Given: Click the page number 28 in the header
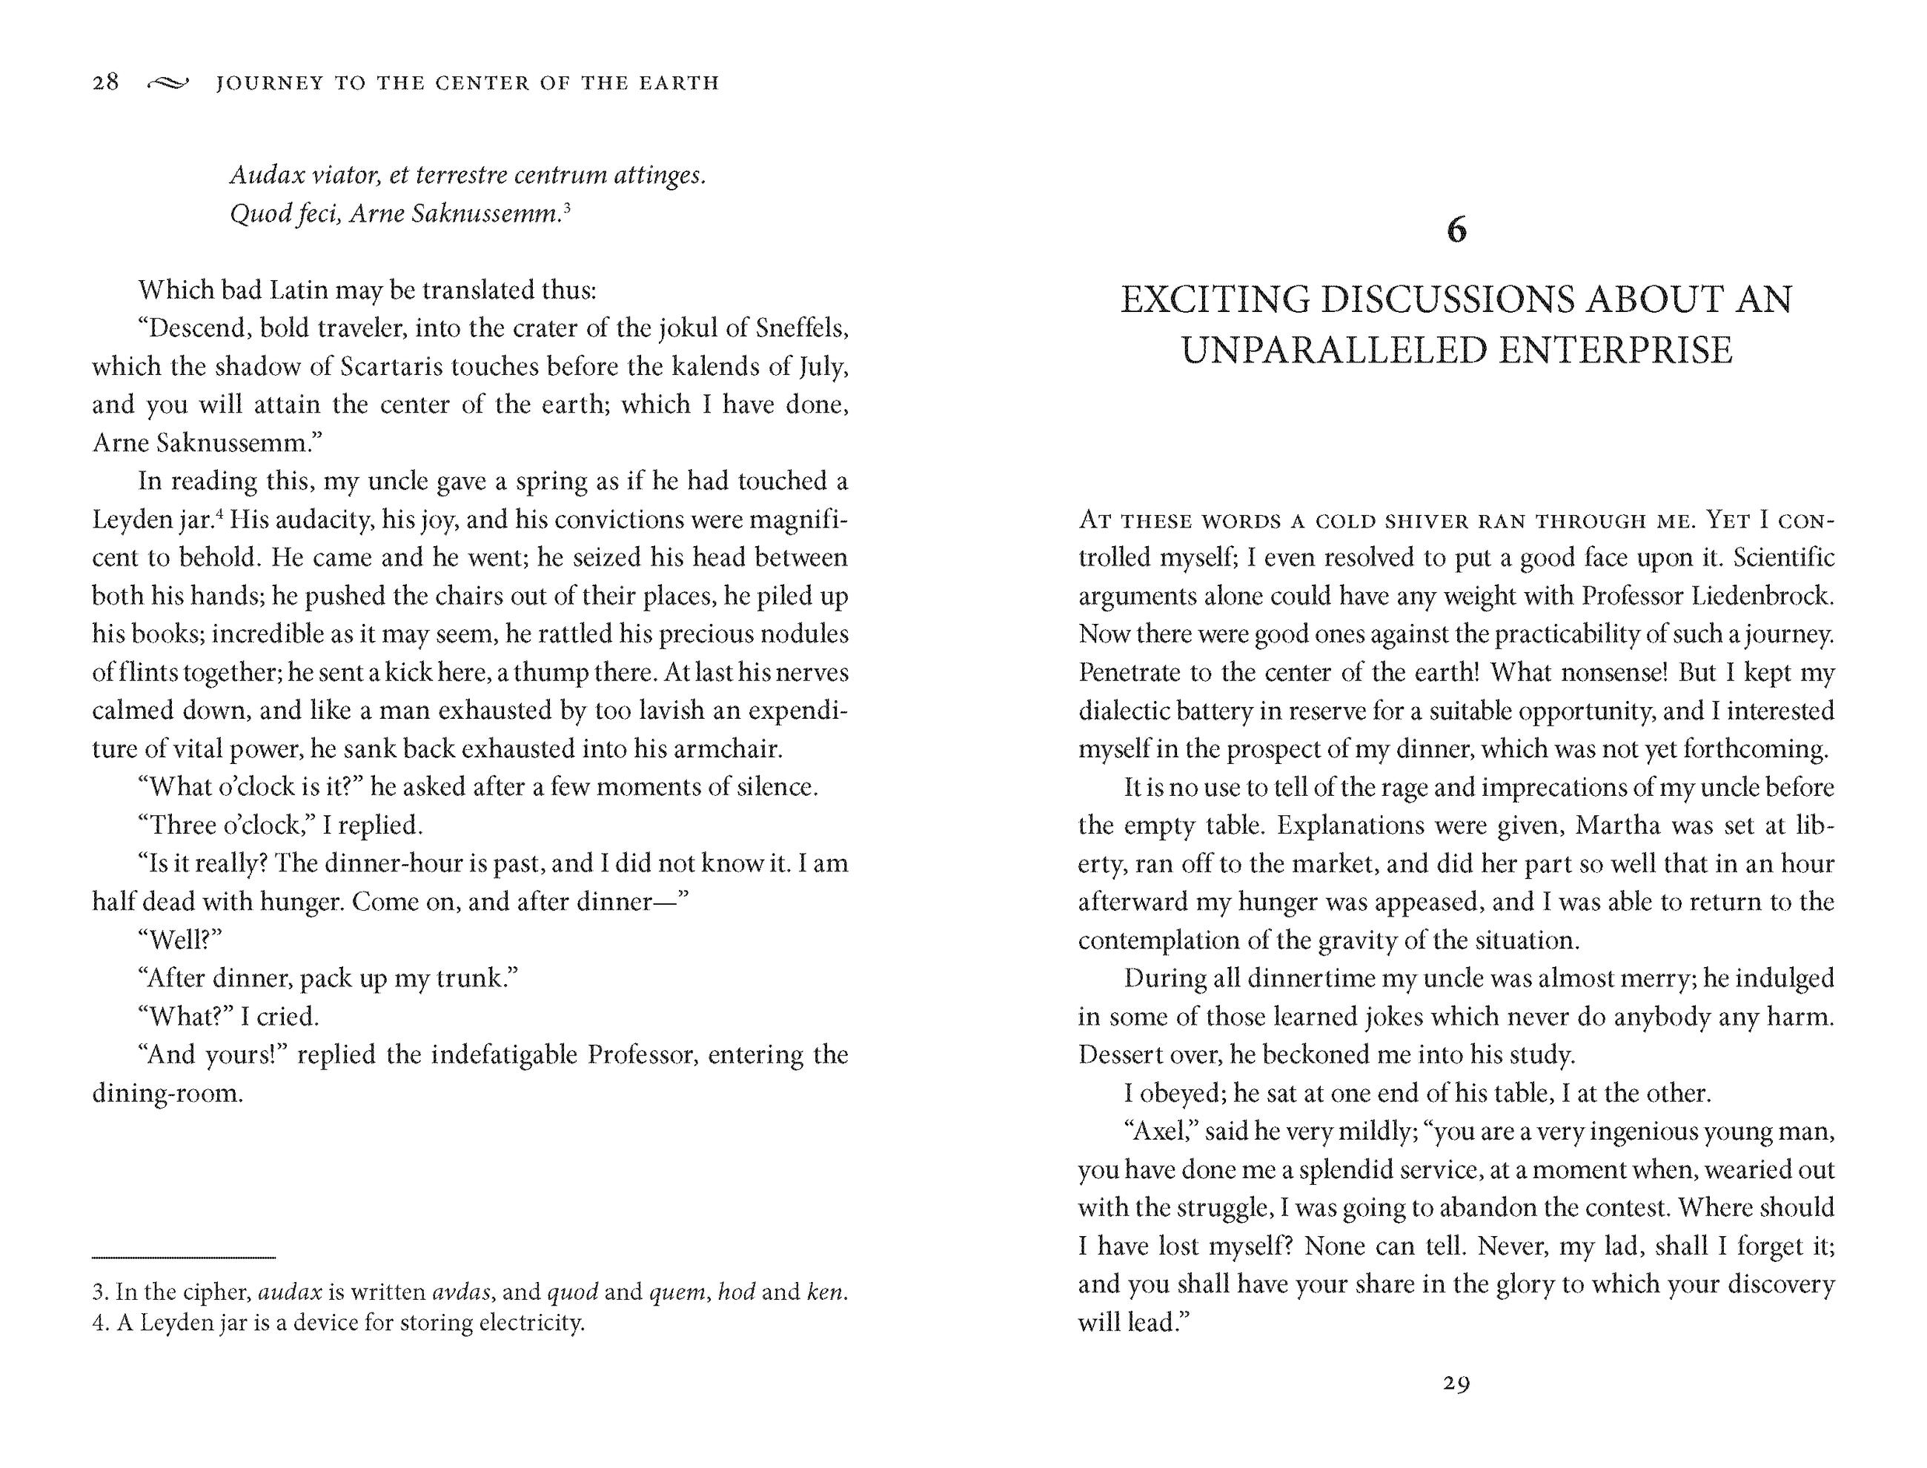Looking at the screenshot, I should click(x=106, y=82).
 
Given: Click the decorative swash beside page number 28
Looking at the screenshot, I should click(x=167, y=84).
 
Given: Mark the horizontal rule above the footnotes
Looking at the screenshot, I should click(x=184, y=1258).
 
